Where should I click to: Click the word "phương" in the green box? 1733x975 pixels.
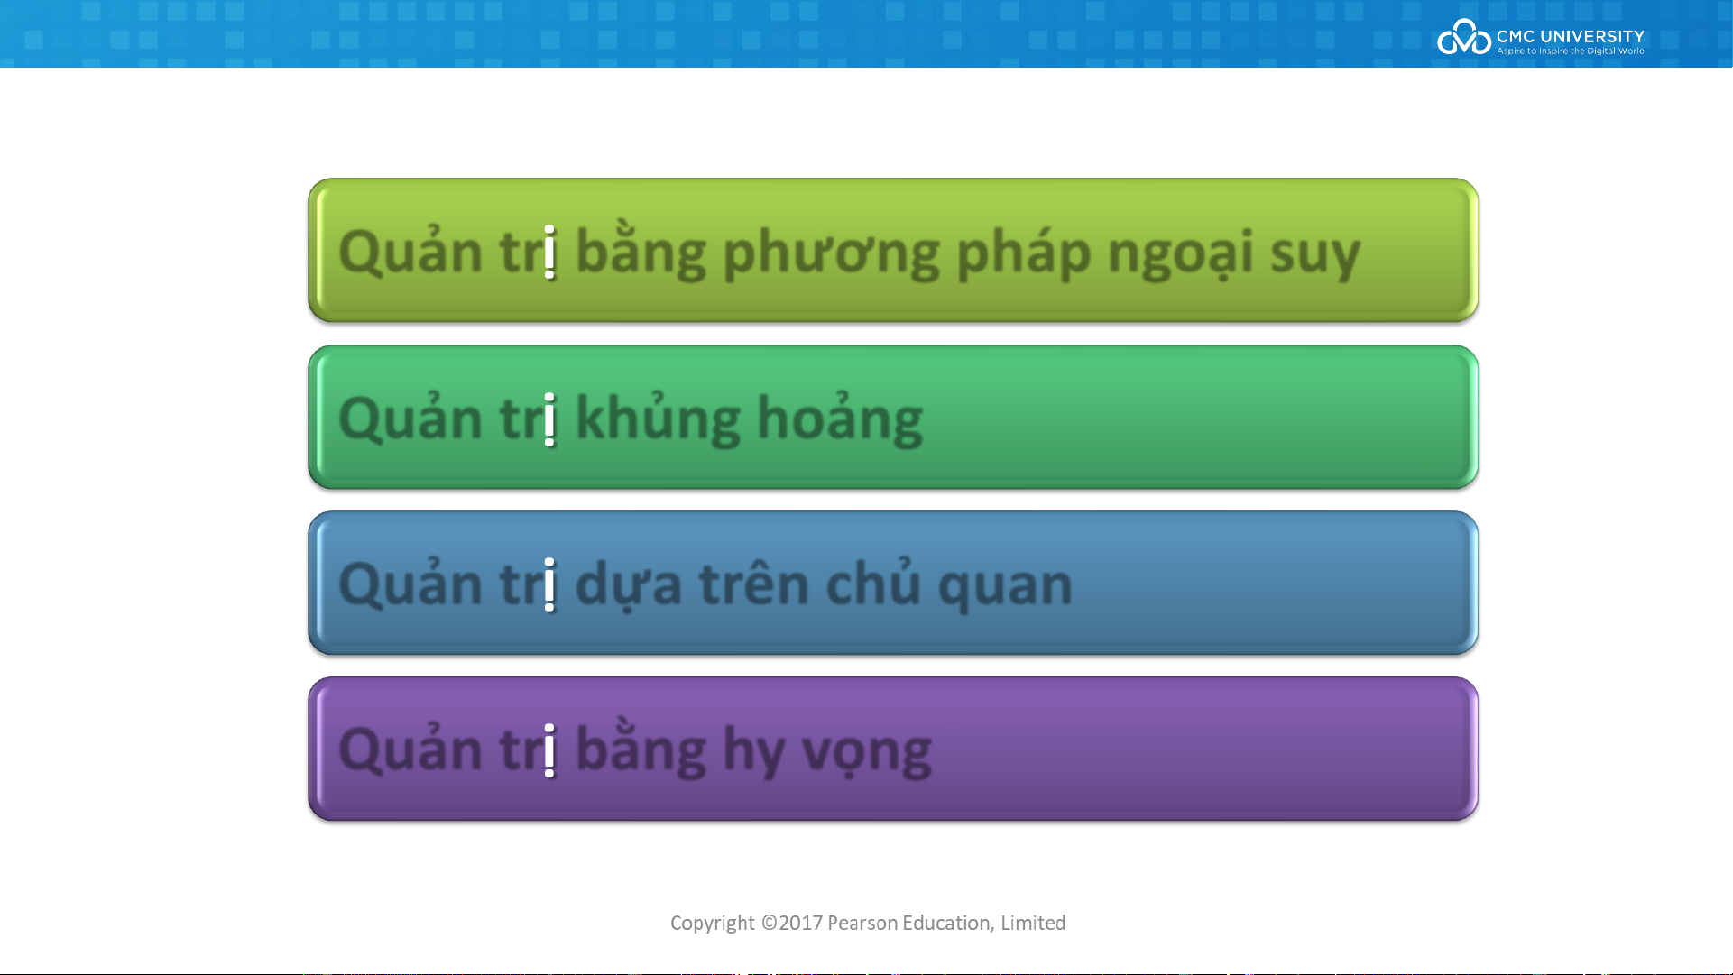(831, 253)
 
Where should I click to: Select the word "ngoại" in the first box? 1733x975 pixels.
(1181, 253)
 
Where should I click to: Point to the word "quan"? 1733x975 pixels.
(1005, 588)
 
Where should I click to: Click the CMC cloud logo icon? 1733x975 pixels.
(1463, 37)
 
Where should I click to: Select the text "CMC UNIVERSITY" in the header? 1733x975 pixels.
(1570, 36)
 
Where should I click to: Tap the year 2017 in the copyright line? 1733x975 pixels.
(800, 923)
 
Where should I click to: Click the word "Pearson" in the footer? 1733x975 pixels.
(862, 923)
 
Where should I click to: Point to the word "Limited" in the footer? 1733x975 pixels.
(1033, 923)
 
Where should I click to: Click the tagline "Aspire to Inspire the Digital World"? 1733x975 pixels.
(1571, 51)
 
